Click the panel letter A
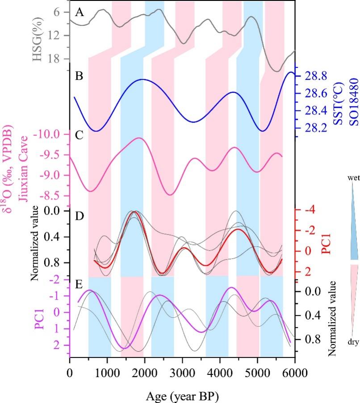point(80,12)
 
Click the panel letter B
point(80,76)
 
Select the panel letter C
point(80,137)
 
